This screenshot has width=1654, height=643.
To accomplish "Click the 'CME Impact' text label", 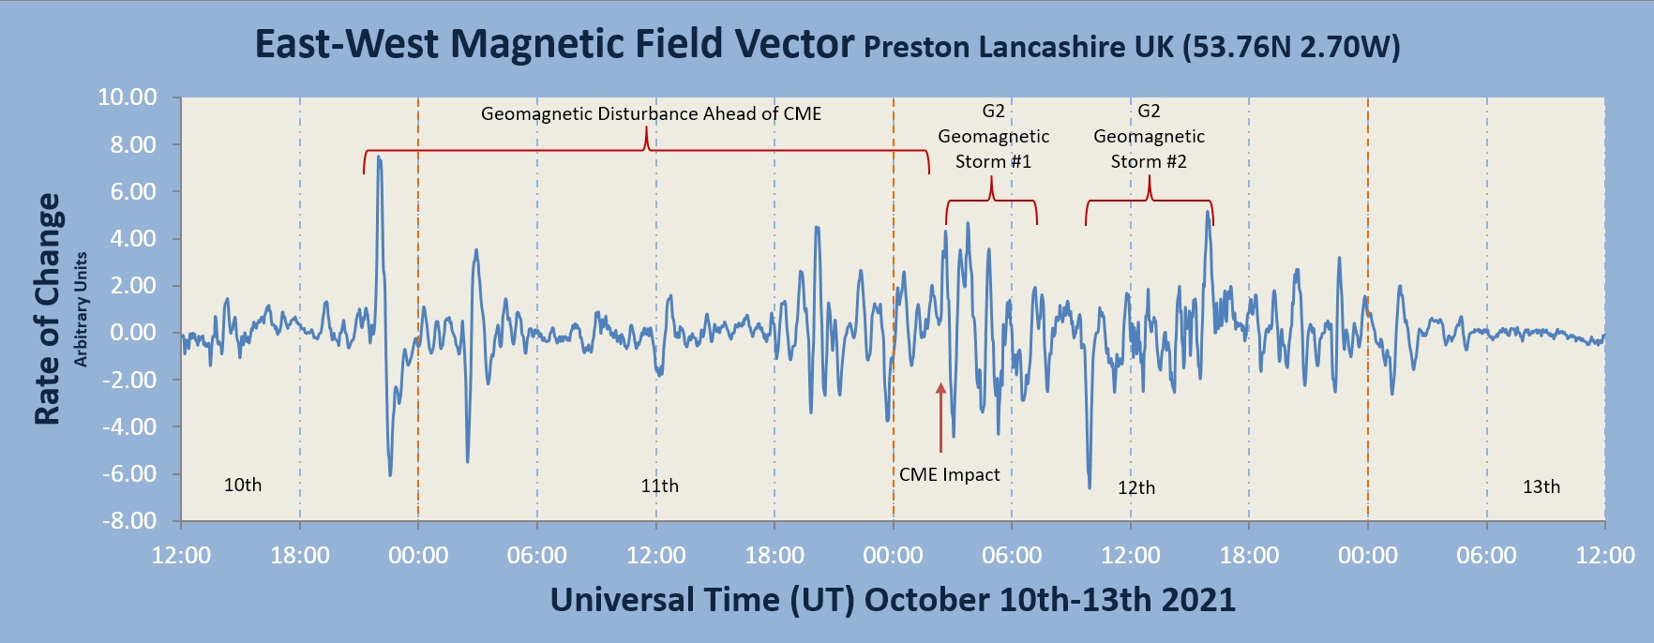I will tap(949, 475).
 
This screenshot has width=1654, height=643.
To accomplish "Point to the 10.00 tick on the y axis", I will tap(128, 97).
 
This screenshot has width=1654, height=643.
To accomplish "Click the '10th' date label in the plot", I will tap(243, 486).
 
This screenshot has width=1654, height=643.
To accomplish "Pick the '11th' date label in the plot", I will tap(659, 486).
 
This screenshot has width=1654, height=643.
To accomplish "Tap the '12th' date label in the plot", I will tap(1135, 488).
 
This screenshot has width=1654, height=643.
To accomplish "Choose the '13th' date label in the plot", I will tap(1541, 487).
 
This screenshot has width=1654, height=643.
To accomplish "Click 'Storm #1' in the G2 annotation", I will tap(993, 162).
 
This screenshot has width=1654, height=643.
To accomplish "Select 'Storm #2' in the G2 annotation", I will tap(1149, 162).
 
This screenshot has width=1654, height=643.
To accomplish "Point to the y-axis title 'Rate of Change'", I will tap(48, 309).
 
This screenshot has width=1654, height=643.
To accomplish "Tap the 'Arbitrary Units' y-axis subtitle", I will tap(81, 309).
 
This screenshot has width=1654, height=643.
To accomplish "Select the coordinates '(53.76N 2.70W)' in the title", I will tap(1291, 47).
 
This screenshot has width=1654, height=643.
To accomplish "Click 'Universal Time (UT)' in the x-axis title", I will tap(702, 600).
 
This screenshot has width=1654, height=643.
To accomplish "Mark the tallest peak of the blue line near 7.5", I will tap(379, 158).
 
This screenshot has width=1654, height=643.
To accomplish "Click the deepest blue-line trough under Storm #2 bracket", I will tap(1089, 486).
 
